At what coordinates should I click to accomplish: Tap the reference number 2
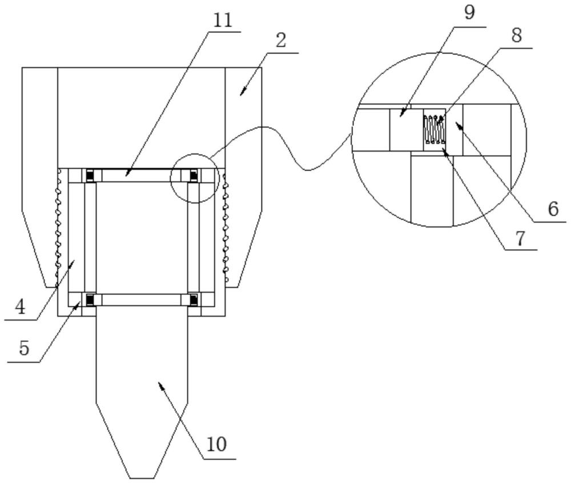280,42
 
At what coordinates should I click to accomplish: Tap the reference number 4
20,308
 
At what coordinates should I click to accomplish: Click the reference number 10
218,444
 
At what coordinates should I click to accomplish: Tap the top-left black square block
90,176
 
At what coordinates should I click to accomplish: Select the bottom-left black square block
90,298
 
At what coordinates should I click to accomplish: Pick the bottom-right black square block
194,298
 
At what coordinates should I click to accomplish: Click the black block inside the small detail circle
194,176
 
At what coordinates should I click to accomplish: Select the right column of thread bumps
226,228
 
